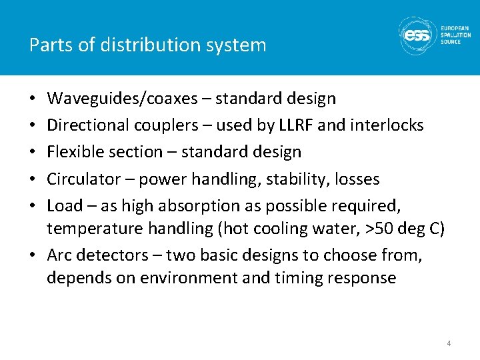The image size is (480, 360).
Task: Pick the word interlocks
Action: click(x=391, y=125)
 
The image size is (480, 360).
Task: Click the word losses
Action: click(x=357, y=179)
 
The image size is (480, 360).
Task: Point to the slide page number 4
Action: click(x=448, y=343)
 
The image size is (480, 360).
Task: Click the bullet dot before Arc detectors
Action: click(x=34, y=255)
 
